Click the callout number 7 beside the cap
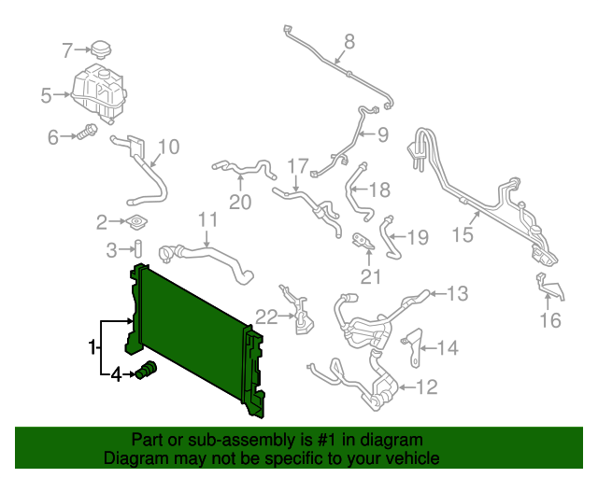66,49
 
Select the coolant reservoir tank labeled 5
97,90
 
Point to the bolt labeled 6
89,134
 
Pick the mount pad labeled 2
137,223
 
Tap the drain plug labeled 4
147,373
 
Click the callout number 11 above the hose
206,220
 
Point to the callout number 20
240,202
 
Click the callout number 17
296,167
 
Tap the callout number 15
463,235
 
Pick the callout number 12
426,387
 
